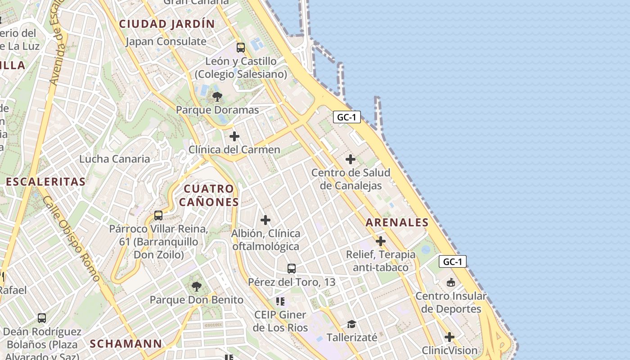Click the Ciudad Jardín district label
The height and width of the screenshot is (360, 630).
pos(166,24)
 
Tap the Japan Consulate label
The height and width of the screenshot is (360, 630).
pos(166,41)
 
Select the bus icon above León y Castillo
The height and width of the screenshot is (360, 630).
pos(241,47)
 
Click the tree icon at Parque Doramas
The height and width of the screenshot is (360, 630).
pos(217,96)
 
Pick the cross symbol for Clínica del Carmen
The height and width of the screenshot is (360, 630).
pos(234,136)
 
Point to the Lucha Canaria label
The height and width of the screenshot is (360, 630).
pos(115,159)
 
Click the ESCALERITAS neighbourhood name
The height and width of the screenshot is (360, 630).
pos(45,182)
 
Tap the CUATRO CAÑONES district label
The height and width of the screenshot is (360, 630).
pos(209,195)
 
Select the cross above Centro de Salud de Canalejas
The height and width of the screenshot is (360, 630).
pos(351,159)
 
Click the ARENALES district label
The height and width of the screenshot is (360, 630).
pos(397,222)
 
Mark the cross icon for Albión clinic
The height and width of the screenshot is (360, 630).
pos(265,220)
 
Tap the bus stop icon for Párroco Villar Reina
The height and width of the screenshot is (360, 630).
pos(158,216)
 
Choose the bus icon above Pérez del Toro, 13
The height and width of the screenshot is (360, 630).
pos(292,269)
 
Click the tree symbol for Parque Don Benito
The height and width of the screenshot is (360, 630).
pos(196,286)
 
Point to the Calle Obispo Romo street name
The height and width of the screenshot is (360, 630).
pos(72,238)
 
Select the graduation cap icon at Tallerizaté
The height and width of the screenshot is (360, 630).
pos(351,324)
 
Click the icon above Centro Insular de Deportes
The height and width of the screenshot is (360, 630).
pos(450,283)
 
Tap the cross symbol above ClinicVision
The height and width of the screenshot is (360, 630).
pos(449,337)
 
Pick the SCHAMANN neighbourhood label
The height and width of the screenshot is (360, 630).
pos(126,344)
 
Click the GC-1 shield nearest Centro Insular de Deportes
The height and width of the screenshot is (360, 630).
pos(453,262)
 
